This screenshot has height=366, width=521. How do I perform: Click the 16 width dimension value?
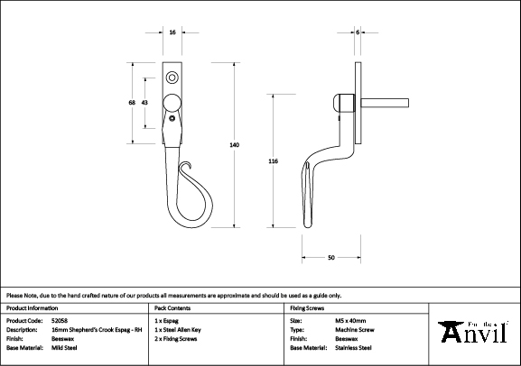172,32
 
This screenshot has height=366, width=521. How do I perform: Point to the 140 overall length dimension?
235,144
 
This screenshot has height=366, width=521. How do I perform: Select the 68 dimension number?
132,103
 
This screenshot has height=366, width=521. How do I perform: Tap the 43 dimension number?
144,103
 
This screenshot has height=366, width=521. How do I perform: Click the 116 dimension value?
273,161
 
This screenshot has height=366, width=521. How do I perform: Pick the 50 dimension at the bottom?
331,258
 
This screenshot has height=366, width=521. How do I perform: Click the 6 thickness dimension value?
358,32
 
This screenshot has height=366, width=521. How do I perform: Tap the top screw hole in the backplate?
172,78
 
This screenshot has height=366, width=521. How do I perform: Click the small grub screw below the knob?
172,118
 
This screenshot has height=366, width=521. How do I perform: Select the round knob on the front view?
172,102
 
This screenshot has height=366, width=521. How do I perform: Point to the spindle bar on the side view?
385,103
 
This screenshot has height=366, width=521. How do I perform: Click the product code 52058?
60,321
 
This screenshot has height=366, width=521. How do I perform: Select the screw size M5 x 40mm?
350,321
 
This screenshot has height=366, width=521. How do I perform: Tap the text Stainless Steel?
353,348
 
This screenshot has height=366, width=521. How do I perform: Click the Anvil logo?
473,332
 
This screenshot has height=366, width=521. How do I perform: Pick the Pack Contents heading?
172,308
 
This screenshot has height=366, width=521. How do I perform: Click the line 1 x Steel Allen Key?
178,330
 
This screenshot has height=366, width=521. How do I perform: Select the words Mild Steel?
64,348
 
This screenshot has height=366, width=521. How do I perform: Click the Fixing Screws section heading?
307,308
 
